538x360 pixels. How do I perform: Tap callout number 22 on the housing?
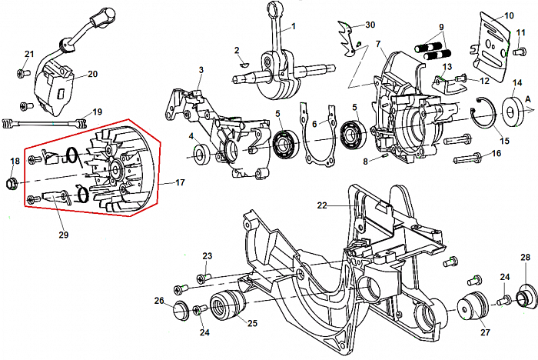point(323,205)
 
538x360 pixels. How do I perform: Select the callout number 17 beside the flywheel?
point(181,182)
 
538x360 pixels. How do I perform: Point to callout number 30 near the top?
point(370,25)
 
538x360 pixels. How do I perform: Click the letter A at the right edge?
point(528,98)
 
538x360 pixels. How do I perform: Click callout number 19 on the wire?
point(97,112)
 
